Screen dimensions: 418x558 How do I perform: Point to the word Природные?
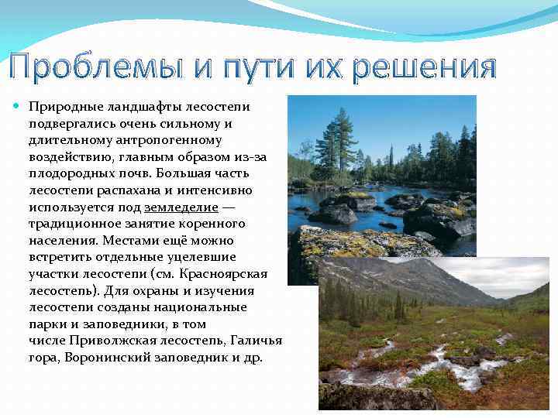coord(63,107)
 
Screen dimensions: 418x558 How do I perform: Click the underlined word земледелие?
coord(181,207)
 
